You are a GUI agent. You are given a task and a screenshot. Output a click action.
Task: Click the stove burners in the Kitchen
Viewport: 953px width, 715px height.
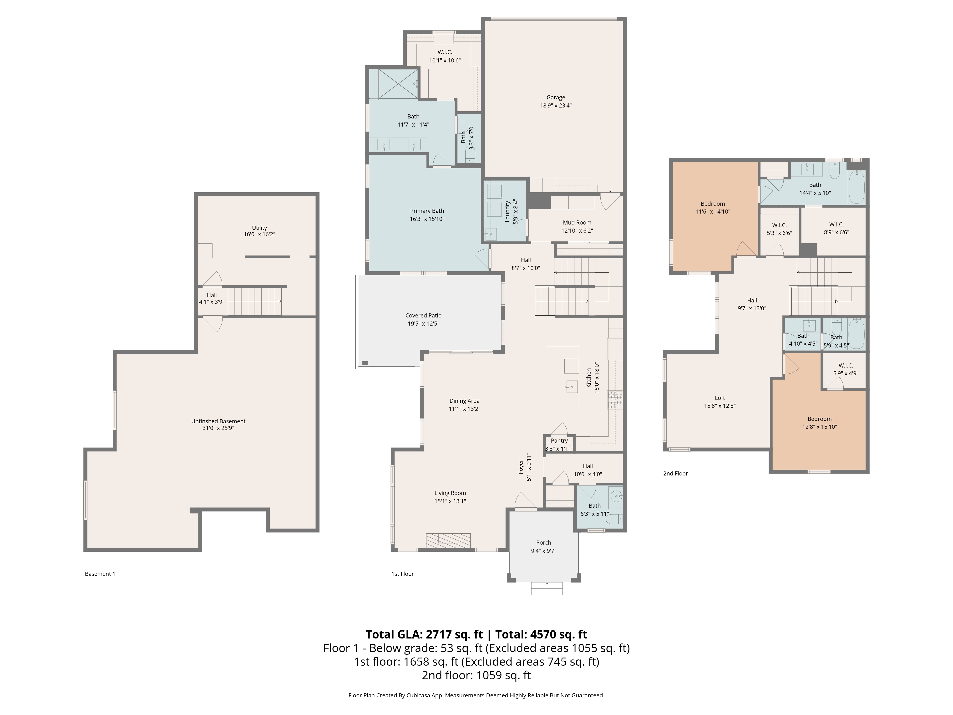(615, 399)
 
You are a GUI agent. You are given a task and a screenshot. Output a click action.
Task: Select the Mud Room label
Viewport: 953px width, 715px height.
(577, 222)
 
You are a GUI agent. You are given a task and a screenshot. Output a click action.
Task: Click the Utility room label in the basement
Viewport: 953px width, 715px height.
(259, 228)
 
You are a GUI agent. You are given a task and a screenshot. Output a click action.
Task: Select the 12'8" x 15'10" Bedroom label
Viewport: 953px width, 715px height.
(819, 419)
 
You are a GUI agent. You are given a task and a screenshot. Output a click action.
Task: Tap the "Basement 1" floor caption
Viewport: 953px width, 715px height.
(100, 574)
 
